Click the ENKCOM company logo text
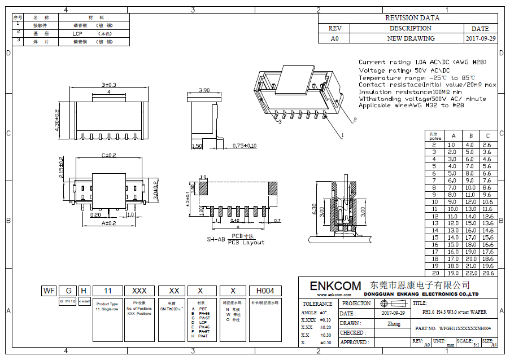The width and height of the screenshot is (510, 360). [335, 286]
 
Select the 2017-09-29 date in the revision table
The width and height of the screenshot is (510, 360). [481, 38]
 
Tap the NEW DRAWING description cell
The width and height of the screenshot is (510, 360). [411, 38]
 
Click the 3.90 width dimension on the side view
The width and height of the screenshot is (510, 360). [205, 90]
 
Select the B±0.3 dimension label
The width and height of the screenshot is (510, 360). [108, 85]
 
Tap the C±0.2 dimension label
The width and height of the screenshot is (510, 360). [109, 155]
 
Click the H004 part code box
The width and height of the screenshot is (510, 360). [265, 291]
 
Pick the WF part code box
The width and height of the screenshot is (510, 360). [49, 291]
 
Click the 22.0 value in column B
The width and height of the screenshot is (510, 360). [470, 273]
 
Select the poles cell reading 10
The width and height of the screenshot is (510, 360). [435, 201]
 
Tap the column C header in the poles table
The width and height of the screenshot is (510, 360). [488, 136]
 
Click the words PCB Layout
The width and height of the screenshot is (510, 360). [246, 242]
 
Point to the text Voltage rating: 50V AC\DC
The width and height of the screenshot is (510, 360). [404, 70]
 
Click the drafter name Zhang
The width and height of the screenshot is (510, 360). [394, 324]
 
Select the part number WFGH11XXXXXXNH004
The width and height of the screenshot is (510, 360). [465, 328]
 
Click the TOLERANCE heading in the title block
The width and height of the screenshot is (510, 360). [317, 304]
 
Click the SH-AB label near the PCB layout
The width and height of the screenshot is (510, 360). [216, 239]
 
